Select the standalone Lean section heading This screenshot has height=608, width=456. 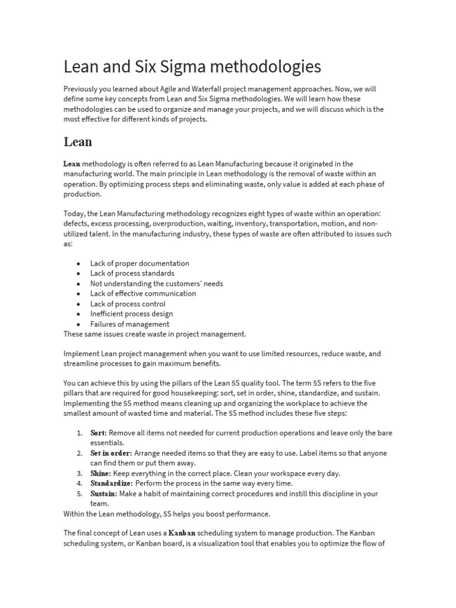coord(78,142)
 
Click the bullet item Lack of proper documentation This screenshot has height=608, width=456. coord(140,263)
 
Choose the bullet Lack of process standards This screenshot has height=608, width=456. coord(132,273)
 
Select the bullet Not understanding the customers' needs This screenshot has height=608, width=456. coord(156,283)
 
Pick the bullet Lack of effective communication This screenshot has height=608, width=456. coord(142,293)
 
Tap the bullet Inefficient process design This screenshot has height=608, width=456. coord(131,313)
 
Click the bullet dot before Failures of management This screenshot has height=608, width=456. coord(78,324)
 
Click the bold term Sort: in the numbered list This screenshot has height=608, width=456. coord(99,433)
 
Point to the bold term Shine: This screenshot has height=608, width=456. coord(100,473)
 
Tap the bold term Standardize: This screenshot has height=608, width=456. coord(111,483)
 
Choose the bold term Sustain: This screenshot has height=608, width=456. coord(103,493)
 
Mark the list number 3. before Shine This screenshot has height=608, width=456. coord(80,473)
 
